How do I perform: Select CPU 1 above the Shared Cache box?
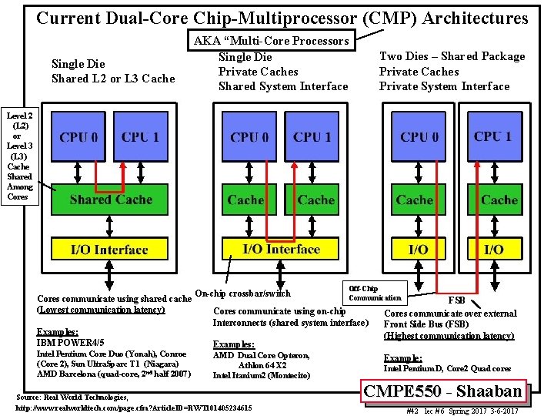(x=140, y=137)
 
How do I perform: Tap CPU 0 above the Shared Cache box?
(x=79, y=137)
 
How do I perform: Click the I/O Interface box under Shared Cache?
(x=109, y=250)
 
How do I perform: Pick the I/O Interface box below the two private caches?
(x=281, y=249)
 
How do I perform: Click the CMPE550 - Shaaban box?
(x=444, y=391)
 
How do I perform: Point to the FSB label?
(x=456, y=299)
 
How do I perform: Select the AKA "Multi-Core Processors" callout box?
(x=272, y=41)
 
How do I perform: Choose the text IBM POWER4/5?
(x=71, y=342)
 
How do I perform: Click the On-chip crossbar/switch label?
(x=243, y=293)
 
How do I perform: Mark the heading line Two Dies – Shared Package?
(x=452, y=56)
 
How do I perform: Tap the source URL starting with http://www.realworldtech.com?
(x=133, y=407)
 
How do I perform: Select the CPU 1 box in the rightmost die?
(x=493, y=136)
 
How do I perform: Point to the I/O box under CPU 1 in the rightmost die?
(x=493, y=250)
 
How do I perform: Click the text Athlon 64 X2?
(x=262, y=365)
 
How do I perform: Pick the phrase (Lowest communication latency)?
(x=101, y=310)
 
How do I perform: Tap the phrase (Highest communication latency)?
(x=449, y=336)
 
